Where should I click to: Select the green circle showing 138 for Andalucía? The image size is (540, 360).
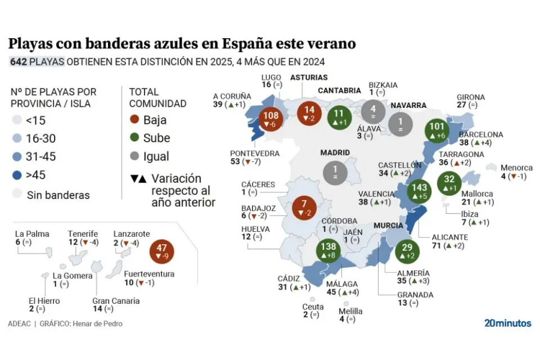pos(328,250)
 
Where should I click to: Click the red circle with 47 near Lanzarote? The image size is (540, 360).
pos(163,251)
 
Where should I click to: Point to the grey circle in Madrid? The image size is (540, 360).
pos(336,171)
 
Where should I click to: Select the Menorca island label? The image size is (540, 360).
pos(516,168)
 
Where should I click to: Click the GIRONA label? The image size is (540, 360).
pos(470,97)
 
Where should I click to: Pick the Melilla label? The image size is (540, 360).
pos(350,310)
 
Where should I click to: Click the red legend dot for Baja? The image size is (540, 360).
pos(134,120)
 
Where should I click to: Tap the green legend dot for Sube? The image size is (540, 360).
pos(134,138)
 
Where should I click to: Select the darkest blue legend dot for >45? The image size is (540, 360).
pos(17,175)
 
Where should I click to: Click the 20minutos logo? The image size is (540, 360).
pos(507,323)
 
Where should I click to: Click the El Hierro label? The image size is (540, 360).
pos(44,300)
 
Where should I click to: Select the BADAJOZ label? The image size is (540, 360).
pos(258,207)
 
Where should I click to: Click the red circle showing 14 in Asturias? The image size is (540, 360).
pos(309,114)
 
